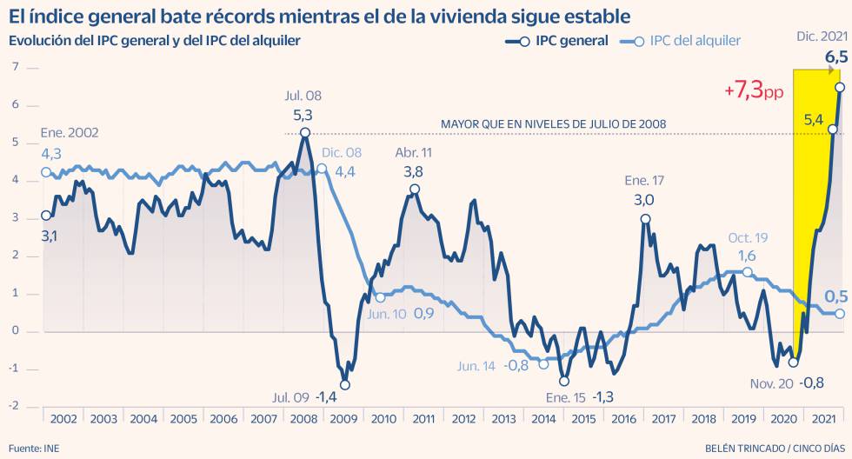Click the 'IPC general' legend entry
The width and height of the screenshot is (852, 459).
pos(569,41)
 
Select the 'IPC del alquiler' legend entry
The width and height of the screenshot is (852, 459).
pos(695,41)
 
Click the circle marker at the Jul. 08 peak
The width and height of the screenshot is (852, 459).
pos(305,132)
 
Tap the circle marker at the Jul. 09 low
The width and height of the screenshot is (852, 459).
pos(344,384)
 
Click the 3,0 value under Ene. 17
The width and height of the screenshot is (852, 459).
pos(644,200)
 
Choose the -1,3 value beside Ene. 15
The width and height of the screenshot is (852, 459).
pos(603,397)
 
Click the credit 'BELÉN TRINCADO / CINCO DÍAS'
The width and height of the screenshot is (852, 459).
pos(772,449)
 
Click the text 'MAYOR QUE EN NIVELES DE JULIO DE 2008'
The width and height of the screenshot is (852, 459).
pos(554,124)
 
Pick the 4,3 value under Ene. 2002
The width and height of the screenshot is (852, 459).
pos(51,153)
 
